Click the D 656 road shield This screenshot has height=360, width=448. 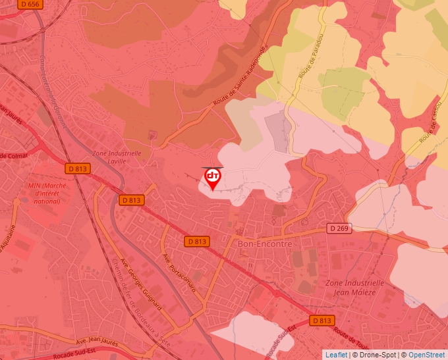coord(29,5)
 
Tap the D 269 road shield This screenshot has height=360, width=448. coord(338,228)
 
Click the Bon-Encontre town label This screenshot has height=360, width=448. coord(264,244)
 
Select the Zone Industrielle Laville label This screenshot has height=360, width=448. coord(117,157)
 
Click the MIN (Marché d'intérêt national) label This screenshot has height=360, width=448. coord(44,193)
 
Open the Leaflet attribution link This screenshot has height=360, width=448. coord(336,355)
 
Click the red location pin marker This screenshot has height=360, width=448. coord(213,178)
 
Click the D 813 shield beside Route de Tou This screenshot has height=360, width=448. coord(321,321)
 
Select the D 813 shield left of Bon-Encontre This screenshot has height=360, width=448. coord(196,242)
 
